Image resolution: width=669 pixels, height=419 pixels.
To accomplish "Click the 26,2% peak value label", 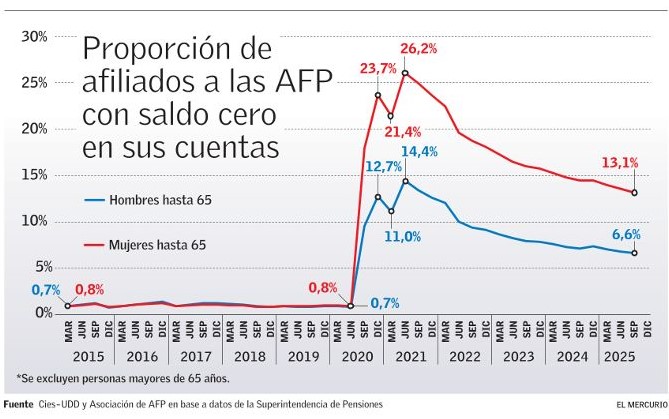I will pyautogui.click(x=419, y=48).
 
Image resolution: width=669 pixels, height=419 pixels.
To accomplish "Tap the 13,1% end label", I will pyautogui.click(x=620, y=164).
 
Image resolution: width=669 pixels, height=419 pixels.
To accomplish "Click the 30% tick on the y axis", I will pyautogui.click(x=35, y=37).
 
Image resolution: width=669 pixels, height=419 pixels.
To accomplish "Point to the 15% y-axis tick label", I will pyautogui.click(x=35, y=175).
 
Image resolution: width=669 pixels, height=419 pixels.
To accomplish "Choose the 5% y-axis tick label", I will pyautogui.click(x=38, y=267).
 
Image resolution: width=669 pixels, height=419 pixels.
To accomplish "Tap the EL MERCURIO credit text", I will pyautogui.click(x=636, y=405).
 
